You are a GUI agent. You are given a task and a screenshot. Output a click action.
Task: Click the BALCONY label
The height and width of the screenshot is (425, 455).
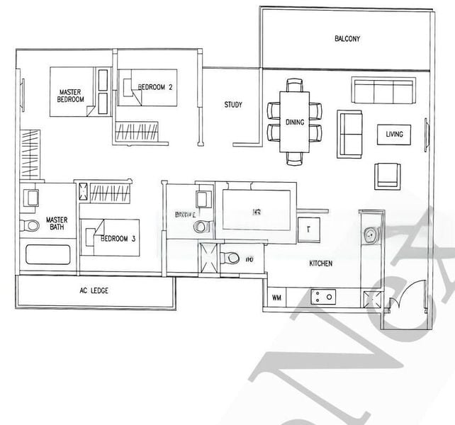coord(347,39)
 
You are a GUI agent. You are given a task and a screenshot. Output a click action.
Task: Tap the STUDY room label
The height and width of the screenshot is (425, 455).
coord(233,105)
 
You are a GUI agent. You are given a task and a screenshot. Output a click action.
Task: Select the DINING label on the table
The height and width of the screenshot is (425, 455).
coord(295,123)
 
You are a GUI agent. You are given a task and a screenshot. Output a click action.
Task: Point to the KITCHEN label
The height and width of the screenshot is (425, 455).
coord(320,263)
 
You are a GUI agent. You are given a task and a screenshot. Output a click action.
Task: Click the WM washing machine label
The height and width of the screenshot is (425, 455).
coord(276,298)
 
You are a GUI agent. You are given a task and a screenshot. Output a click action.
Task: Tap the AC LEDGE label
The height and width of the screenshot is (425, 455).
coord(94,291)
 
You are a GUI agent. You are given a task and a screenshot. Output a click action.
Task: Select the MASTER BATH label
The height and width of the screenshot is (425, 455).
coord(57,224)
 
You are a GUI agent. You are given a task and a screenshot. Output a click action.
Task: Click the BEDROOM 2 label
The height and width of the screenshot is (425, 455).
coord(155,87)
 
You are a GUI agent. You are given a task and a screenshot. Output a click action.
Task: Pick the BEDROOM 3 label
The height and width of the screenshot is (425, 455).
coord(118,239)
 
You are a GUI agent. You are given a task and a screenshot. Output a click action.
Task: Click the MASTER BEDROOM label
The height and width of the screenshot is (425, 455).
coord(71,96)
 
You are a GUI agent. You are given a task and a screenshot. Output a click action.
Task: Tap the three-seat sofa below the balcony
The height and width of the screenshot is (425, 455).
coord(383,91)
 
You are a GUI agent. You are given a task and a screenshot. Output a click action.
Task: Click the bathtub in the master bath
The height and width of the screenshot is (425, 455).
coord(48,255)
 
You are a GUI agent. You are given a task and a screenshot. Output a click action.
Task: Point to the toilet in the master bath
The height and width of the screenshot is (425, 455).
coord(30,225)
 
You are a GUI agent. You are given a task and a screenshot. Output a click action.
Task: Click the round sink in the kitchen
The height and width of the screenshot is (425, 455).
coord(370,234)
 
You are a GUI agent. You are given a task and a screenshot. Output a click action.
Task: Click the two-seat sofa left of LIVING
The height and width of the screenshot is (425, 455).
coord(349,133)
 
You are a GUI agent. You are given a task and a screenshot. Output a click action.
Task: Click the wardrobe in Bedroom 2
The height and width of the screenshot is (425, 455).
coord(138,130)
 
